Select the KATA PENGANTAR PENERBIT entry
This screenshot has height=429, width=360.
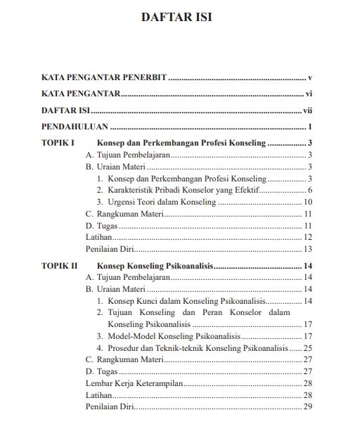pyautogui.click(x=103, y=77)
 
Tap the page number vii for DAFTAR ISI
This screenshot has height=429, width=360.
pyautogui.click(x=307, y=110)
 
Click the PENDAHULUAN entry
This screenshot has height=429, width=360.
pyautogui.click(x=74, y=127)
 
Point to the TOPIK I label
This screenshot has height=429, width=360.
pyautogui.click(x=58, y=143)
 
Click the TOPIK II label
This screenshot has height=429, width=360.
pyautogui.click(x=59, y=266)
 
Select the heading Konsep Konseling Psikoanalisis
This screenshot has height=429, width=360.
pyautogui.click(x=155, y=266)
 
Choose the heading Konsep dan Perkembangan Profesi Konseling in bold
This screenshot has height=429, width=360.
pyautogui.click(x=181, y=143)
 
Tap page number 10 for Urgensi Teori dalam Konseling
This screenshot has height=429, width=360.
pyautogui.click(x=308, y=202)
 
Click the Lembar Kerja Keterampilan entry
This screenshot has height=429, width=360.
pyautogui.click(x=134, y=383)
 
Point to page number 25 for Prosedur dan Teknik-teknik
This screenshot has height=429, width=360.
pyautogui.click(x=307, y=347)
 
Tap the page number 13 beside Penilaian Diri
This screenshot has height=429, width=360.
pyautogui.click(x=307, y=250)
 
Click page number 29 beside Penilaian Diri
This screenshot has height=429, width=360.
pyautogui.click(x=307, y=406)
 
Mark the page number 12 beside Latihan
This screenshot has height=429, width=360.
pyautogui.click(x=307, y=238)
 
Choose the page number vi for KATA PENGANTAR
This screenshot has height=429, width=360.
pyautogui.click(x=309, y=94)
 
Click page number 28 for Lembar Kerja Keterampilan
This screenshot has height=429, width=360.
pyautogui.click(x=307, y=383)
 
